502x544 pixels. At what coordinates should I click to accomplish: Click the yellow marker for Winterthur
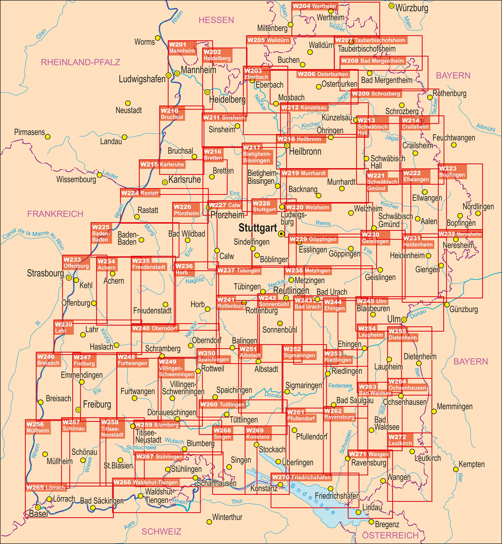209,522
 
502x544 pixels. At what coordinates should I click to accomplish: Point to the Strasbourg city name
45,273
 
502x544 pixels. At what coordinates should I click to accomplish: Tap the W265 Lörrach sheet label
46,488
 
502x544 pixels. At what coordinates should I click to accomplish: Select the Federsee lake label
340,386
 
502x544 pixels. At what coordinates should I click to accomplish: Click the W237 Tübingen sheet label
239,271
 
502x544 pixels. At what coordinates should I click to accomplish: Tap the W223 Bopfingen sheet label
452,171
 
